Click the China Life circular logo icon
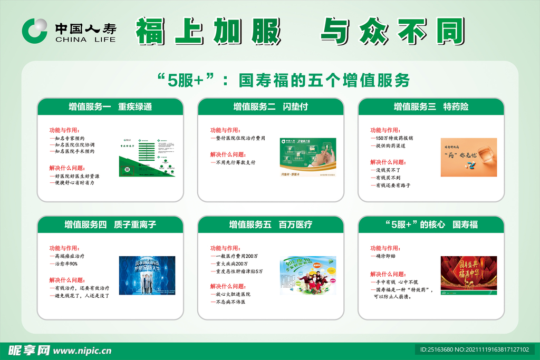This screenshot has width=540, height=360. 34,30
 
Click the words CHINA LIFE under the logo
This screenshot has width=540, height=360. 85,39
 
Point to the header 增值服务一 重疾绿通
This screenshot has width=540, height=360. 110,106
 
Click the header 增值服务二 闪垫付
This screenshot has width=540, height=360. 271,106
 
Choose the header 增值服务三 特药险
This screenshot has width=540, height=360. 431,106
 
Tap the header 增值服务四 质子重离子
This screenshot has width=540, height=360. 110,225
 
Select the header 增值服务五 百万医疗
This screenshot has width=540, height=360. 271,225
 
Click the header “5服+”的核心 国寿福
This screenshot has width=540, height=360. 431,225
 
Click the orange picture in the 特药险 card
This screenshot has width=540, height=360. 469,157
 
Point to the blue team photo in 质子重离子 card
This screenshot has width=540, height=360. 147,275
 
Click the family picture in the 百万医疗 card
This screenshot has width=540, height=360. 308,275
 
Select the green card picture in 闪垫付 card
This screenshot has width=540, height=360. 308,157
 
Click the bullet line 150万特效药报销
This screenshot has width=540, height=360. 393,138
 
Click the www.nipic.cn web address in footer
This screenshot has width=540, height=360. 83,351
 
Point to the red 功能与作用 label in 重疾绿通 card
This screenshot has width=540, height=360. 64,130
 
